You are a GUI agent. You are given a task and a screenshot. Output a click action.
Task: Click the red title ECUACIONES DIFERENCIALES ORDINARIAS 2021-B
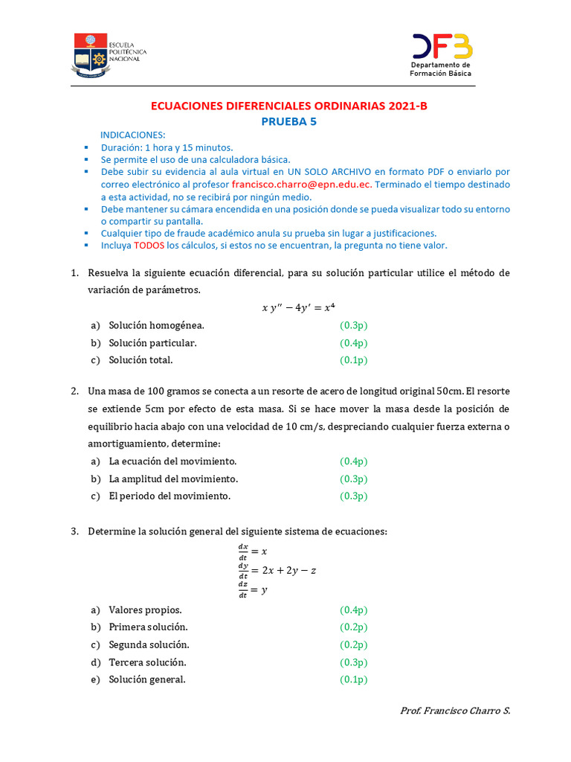click(289, 106)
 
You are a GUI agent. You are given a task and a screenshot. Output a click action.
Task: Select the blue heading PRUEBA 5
click(288, 122)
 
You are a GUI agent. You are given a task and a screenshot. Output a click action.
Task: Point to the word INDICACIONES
click(133, 135)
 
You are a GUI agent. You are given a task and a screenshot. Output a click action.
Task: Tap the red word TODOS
click(149, 246)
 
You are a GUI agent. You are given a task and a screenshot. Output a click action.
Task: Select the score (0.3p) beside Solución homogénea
click(353, 326)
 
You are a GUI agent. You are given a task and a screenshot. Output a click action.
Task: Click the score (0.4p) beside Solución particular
click(353, 343)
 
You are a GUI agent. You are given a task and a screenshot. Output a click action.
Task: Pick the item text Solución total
click(141, 360)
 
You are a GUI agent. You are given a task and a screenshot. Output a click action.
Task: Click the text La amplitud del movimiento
click(173, 479)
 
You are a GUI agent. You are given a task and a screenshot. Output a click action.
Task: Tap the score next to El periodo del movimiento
click(353, 496)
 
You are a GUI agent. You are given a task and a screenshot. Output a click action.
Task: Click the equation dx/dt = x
click(251, 551)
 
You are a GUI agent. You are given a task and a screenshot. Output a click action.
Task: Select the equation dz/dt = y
click(251, 589)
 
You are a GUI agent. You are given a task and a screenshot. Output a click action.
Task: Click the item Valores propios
click(145, 610)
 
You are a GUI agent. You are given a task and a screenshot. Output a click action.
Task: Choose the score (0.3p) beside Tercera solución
click(353, 662)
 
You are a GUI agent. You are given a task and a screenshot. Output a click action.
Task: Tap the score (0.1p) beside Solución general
click(353, 679)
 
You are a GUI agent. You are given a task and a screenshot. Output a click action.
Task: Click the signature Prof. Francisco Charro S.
click(455, 711)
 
